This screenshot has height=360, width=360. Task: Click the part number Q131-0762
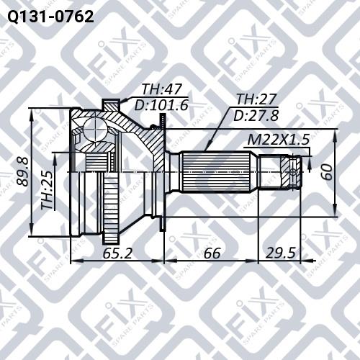point(50,17)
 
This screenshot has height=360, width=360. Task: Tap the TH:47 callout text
point(161,89)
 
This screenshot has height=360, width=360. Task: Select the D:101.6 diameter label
point(161,105)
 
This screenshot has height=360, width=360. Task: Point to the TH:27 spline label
point(256,99)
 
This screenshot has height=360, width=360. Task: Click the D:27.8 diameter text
point(256,115)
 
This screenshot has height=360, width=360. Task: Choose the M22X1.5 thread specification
point(279,140)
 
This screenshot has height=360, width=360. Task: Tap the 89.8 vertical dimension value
point(23,171)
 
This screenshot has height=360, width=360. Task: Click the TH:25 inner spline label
point(47,189)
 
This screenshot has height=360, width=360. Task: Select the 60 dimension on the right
point(327,172)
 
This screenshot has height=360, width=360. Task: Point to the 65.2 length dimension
point(117,253)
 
